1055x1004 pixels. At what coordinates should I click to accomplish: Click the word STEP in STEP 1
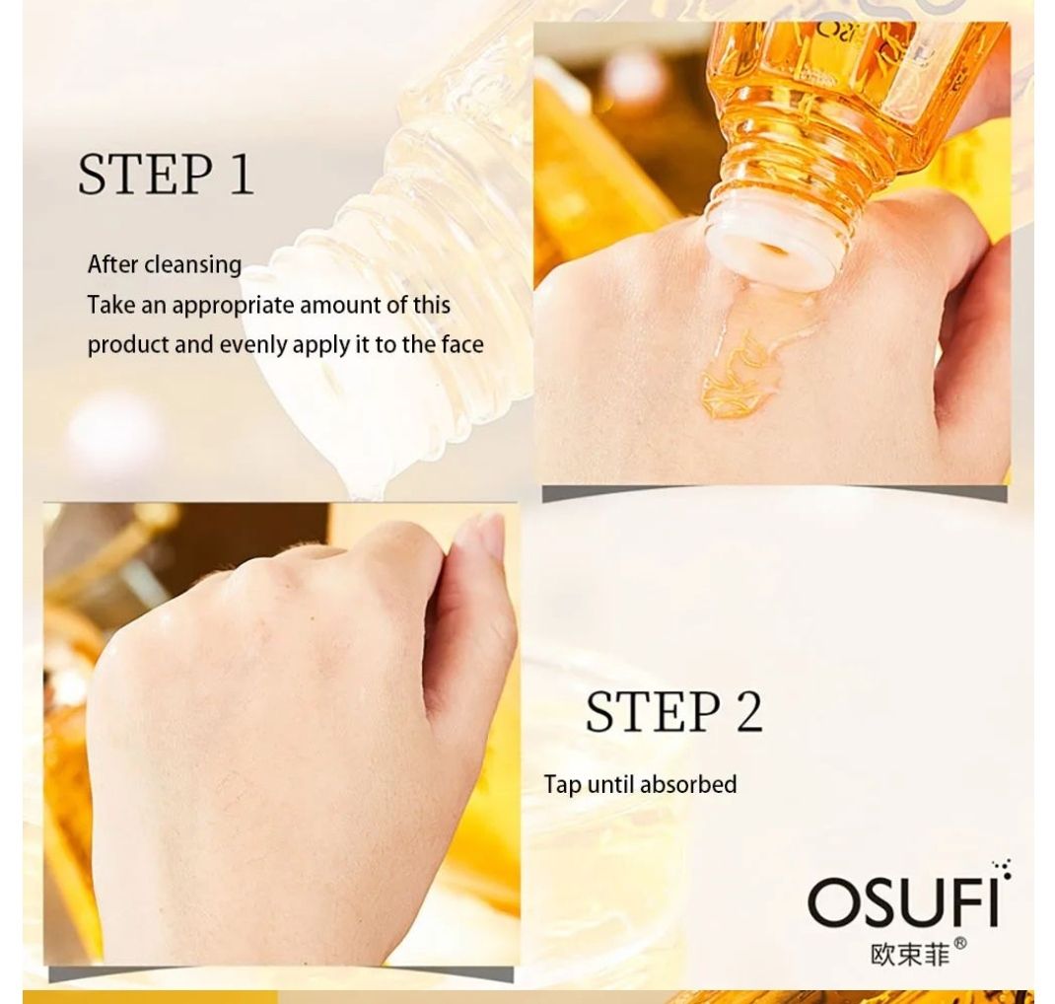click(144, 174)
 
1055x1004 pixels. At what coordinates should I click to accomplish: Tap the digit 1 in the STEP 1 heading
click(241, 174)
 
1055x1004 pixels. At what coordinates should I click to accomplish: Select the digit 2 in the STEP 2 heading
click(748, 711)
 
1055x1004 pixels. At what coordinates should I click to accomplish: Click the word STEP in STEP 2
click(652, 711)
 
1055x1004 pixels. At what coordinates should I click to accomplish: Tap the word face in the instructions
click(462, 344)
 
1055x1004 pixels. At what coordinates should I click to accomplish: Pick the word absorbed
click(688, 784)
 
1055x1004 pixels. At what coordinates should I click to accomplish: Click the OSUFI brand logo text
click(903, 901)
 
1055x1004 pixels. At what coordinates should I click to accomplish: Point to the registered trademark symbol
click(960, 944)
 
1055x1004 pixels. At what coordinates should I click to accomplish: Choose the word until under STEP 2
click(611, 784)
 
